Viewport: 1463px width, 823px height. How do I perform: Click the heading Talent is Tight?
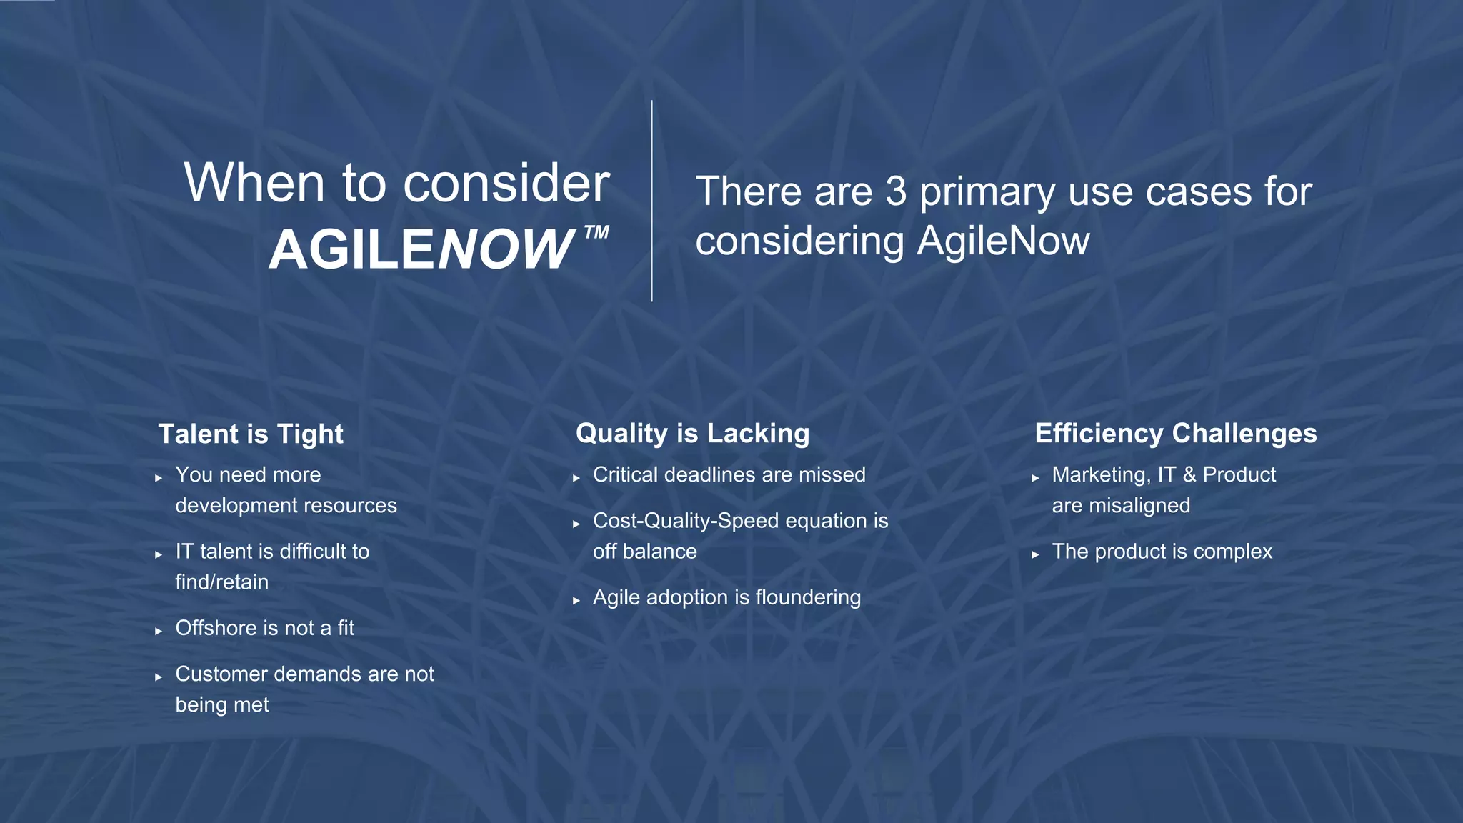[x=251, y=434]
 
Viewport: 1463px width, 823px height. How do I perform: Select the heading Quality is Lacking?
[x=692, y=434]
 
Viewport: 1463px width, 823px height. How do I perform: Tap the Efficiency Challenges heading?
[x=1175, y=434]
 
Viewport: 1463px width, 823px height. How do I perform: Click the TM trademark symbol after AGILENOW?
[x=596, y=232]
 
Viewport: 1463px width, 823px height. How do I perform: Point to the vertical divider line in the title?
[x=651, y=201]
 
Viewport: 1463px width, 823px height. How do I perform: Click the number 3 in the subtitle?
[x=896, y=192]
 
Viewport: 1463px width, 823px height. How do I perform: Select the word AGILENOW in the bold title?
[x=421, y=249]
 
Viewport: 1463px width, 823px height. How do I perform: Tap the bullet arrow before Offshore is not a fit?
[x=159, y=631]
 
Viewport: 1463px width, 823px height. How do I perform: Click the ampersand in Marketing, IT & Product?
[x=1189, y=475]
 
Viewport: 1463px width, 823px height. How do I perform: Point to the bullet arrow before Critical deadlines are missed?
[x=576, y=478]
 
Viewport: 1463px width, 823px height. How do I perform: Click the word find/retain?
[x=221, y=582]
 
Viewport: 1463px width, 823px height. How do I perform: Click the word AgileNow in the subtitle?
[x=1003, y=241]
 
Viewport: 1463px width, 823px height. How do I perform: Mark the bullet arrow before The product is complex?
[x=1035, y=554]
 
